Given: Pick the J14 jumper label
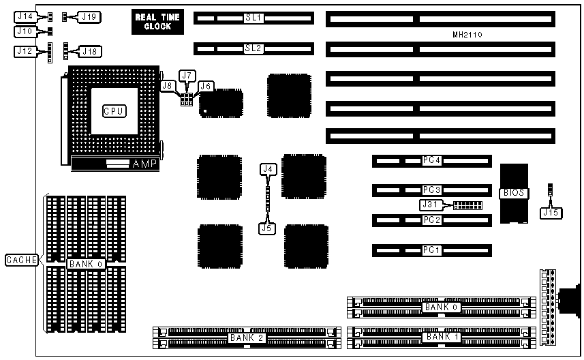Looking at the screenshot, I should tap(25, 16).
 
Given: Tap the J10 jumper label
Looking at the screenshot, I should tap(25, 31).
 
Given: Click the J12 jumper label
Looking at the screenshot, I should tap(25, 50).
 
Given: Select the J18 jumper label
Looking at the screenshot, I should tap(89, 50).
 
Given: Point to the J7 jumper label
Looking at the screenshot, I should tap(187, 75).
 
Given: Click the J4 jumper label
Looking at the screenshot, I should tap(268, 168).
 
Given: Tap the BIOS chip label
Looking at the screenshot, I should tap(513, 193).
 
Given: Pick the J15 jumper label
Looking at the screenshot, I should tap(549, 213).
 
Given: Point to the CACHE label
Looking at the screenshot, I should tap(20, 260).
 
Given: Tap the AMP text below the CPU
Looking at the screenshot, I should tap(144, 164).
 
